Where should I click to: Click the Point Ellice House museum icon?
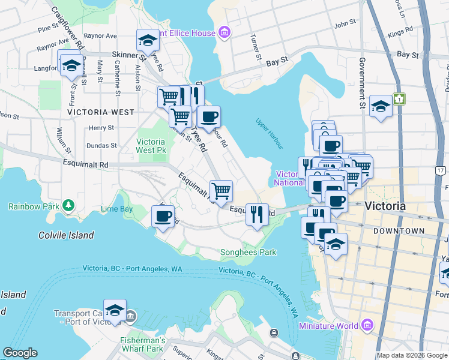point(224,31)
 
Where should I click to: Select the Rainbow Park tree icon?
point(69,206)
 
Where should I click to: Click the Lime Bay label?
point(116,209)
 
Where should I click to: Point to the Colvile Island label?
point(65,235)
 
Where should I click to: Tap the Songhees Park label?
point(249,252)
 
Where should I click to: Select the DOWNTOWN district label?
point(399,231)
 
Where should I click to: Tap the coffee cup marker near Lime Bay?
point(162,216)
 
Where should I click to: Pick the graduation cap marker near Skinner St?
point(146,41)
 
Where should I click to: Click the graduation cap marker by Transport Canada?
point(115,310)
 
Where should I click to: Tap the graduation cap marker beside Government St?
point(381,107)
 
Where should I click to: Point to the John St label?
point(345,25)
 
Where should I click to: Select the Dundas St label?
point(101,145)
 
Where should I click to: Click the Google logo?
point(20,353)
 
